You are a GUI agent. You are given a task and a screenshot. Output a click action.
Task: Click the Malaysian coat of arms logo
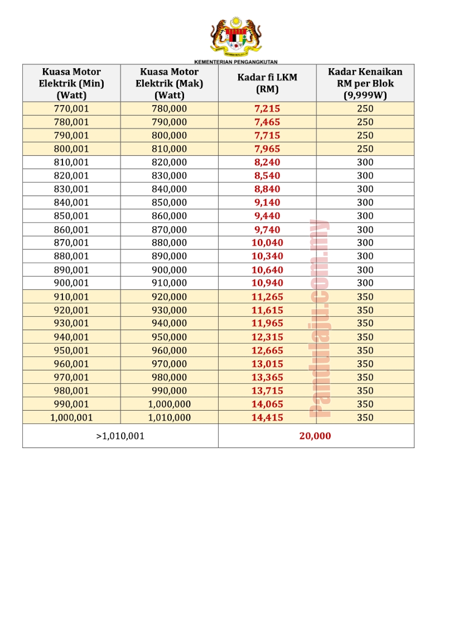tap(236, 36)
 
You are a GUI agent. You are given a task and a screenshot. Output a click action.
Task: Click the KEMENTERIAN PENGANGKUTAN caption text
tap(236, 62)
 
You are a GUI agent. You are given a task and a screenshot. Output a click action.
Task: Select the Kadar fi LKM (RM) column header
tap(267, 83)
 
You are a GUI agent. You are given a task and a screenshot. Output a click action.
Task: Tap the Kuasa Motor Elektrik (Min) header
tap(71, 83)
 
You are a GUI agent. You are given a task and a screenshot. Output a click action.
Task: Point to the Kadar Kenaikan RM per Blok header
tap(365, 83)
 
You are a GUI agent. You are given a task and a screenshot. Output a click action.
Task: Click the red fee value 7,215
tap(267, 108)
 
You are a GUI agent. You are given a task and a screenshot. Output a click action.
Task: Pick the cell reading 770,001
tap(71, 108)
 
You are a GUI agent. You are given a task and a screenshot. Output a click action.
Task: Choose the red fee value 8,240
tap(267, 162)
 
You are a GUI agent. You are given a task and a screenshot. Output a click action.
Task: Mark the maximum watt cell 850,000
tap(169, 202)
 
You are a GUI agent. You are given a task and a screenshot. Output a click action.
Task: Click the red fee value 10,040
tap(267, 242)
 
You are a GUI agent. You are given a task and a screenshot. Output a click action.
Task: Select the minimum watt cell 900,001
tap(71, 283)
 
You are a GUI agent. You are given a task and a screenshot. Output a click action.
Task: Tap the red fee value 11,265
tap(267, 297)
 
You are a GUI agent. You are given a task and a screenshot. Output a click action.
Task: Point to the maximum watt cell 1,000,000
tap(169, 404)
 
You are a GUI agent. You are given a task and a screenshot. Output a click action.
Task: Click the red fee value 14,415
tap(267, 418)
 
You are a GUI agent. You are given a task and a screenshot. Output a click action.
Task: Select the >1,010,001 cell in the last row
tap(120, 436)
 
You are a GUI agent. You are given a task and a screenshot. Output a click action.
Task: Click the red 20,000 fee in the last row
tap(315, 436)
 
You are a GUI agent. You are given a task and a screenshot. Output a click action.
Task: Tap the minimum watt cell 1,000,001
tap(71, 418)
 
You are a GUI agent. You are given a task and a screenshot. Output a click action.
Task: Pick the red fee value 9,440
tap(267, 216)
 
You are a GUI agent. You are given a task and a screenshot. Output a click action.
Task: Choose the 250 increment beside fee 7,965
tap(365, 149)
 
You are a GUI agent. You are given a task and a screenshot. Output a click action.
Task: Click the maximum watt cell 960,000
tap(169, 350)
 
